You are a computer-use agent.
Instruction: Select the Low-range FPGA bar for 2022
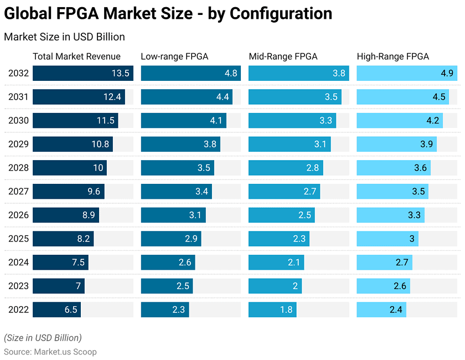click(x=165, y=310)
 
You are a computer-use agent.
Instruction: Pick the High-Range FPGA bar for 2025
click(x=387, y=239)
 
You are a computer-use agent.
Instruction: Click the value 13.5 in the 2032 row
click(x=120, y=73)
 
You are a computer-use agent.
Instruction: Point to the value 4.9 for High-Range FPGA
click(x=447, y=73)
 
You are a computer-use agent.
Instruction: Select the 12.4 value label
click(x=112, y=97)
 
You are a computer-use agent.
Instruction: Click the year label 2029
click(x=18, y=144)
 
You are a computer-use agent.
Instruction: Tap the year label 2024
click(x=18, y=263)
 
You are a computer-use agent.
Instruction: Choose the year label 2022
click(x=18, y=310)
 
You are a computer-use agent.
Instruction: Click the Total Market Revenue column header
click(x=76, y=56)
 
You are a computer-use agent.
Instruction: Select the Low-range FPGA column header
click(x=174, y=56)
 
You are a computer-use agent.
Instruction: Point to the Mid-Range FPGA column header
click(x=283, y=56)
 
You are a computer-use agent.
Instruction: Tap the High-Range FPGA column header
click(x=392, y=56)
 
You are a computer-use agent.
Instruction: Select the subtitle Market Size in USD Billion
click(x=64, y=37)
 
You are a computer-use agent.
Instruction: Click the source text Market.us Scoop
click(x=65, y=352)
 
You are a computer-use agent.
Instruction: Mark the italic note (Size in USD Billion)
click(x=43, y=338)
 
